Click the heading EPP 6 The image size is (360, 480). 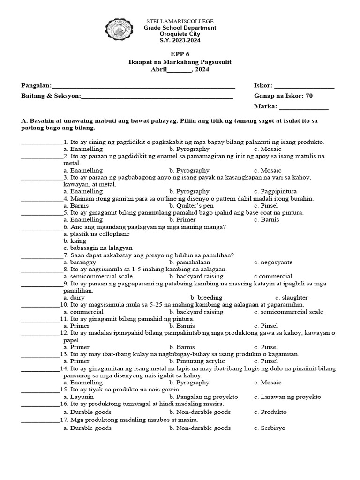(180, 54)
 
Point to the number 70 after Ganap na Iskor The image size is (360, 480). (308, 96)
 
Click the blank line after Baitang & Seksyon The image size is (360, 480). (157, 97)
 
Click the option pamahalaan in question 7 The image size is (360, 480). (189, 262)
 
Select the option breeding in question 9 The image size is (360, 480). (207, 297)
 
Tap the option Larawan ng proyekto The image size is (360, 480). (287, 397)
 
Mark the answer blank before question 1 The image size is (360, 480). (41, 142)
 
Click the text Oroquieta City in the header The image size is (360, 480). (180, 34)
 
